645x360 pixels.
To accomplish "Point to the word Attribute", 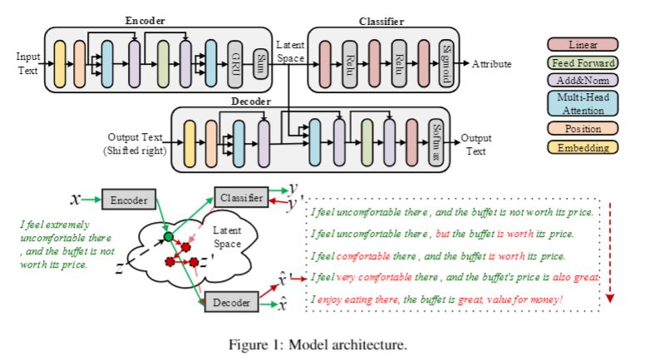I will click(492, 64).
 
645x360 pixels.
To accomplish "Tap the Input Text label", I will click(27, 63).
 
